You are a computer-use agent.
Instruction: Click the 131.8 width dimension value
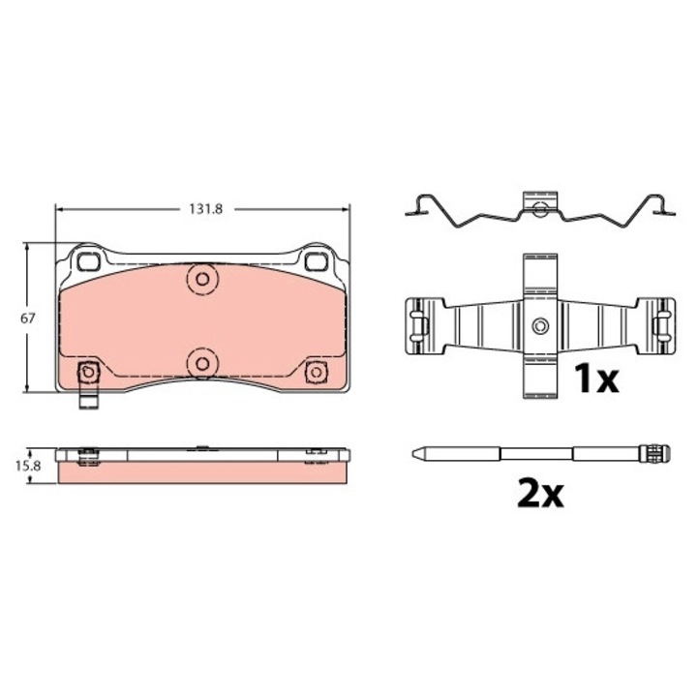pos(206,209)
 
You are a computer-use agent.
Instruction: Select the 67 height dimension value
pos(27,318)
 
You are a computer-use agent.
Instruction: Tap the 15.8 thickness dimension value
pos(28,466)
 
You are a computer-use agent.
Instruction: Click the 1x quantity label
pos(596,379)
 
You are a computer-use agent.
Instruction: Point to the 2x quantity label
pos(541,493)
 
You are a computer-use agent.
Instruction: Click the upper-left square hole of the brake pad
pos(88,261)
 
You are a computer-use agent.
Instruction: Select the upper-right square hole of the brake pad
pos(316,261)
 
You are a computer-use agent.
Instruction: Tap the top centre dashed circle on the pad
pos(202,279)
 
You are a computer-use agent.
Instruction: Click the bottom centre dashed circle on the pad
pos(202,364)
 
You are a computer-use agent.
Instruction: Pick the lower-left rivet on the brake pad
pos(88,372)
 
